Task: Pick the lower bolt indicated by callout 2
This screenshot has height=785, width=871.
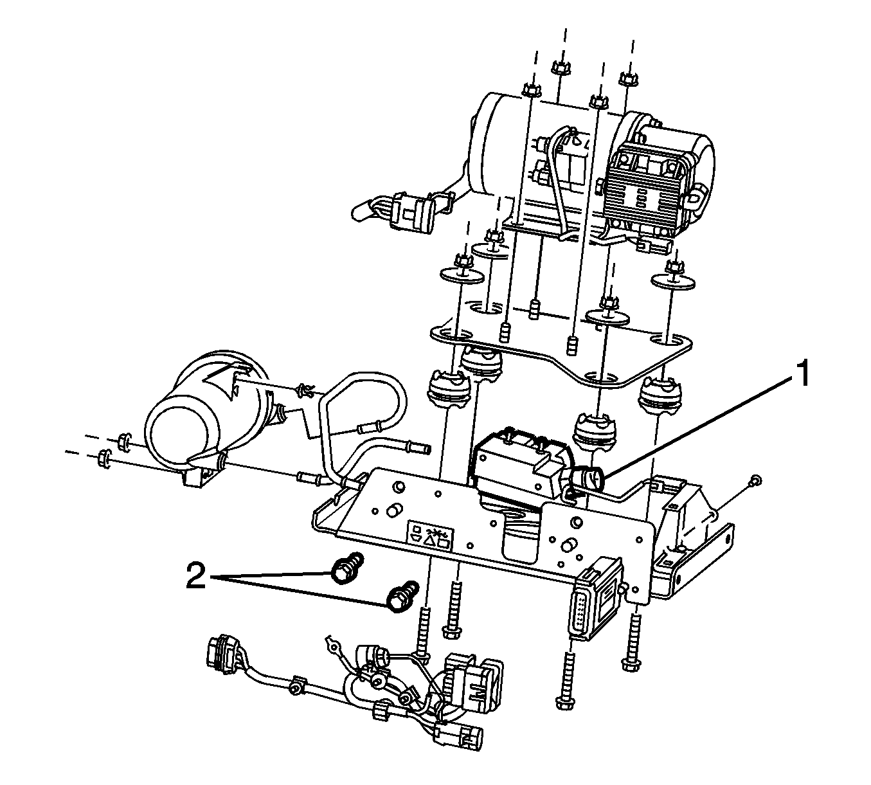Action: [x=402, y=597]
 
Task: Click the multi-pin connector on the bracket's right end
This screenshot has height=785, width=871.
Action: [x=595, y=600]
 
